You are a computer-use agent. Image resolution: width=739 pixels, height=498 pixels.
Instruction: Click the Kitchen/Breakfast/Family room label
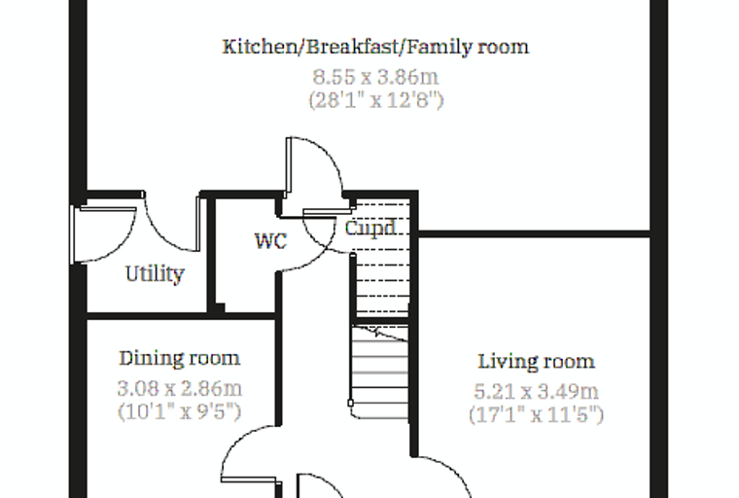[375, 47]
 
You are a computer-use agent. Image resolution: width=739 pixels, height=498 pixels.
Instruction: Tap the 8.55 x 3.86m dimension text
[375, 77]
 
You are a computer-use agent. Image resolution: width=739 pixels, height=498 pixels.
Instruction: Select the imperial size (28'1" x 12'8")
[376, 100]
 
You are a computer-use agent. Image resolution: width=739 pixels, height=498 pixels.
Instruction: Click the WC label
[270, 241]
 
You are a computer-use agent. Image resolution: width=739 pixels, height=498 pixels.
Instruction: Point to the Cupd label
[370, 229]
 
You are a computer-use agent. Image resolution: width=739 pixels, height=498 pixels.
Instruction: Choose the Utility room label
[155, 274]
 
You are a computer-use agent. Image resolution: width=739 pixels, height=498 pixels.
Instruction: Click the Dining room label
[180, 358]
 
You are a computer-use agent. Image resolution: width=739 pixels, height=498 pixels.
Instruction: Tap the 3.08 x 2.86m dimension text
[180, 389]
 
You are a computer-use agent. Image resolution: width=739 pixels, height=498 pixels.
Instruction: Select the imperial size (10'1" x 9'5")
[180, 411]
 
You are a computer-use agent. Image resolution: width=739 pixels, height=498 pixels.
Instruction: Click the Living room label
[537, 362]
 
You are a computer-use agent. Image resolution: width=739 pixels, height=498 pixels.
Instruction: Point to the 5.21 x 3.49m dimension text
[537, 391]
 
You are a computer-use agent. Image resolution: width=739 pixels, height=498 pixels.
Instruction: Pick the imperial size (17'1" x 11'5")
[537, 415]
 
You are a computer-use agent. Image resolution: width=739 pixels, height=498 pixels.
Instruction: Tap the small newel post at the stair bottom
[351, 403]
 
